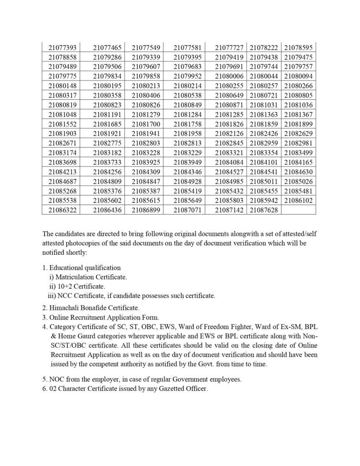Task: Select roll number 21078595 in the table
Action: [x=298, y=47]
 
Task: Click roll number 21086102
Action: [x=298, y=200]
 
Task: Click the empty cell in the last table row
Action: [x=298, y=210]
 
